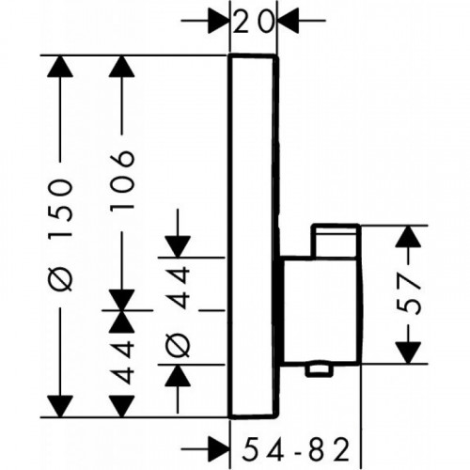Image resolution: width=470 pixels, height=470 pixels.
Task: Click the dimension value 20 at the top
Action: [x=254, y=23]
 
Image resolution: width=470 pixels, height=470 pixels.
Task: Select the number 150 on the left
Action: [x=61, y=210]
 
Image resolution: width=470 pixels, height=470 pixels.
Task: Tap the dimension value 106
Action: [x=122, y=180]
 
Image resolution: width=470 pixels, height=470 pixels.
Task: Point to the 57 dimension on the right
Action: [x=408, y=294]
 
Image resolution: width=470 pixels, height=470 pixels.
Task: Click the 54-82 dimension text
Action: [x=296, y=449]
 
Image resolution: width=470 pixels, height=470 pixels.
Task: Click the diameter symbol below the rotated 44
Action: [x=178, y=344]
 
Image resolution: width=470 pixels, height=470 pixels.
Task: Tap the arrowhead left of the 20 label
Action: [x=219, y=21]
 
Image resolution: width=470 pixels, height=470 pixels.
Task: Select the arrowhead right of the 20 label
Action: [x=288, y=21]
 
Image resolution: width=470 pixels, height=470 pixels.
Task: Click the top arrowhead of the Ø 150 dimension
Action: [x=60, y=66]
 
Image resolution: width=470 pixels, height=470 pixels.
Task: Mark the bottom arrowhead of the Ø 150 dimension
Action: [x=60, y=406]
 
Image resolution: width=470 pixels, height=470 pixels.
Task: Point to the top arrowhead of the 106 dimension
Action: [x=122, y=66]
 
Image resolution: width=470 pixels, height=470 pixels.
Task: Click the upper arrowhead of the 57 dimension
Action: [x=408, y=236]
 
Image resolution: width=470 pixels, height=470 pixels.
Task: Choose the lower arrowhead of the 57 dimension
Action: [x=408, y=353]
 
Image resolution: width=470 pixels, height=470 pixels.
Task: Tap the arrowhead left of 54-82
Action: [x=219, y=449]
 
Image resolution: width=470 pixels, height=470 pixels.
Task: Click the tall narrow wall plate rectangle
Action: [x=254, y=237]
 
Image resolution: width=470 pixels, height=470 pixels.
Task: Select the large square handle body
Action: [x=320, y=310]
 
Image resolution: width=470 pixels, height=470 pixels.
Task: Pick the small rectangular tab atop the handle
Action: [x=335, y=241]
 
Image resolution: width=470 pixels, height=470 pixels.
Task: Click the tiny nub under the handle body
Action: [x=319, y=369]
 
